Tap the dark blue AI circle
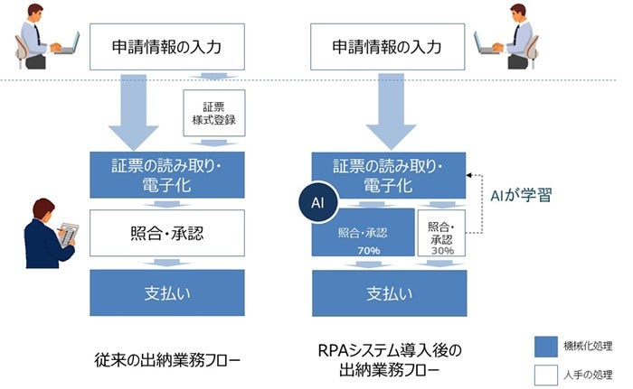317,204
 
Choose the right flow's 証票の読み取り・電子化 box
389,174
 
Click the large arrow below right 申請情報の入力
389,108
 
